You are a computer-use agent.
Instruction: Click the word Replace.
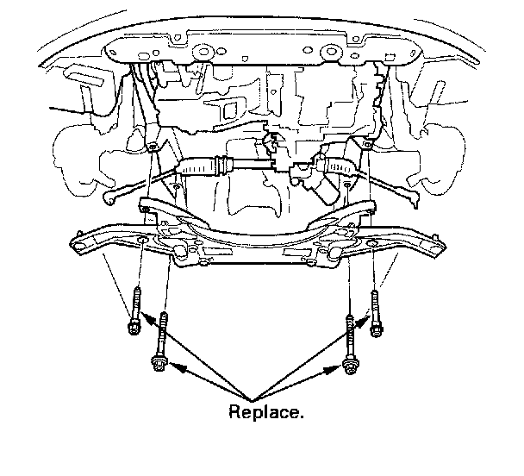pos(265,412)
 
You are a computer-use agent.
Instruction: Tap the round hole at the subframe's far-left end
pos(80,247)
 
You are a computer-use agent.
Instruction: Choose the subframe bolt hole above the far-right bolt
pos(371,245)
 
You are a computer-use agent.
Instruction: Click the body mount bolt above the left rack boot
pos(152,147)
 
